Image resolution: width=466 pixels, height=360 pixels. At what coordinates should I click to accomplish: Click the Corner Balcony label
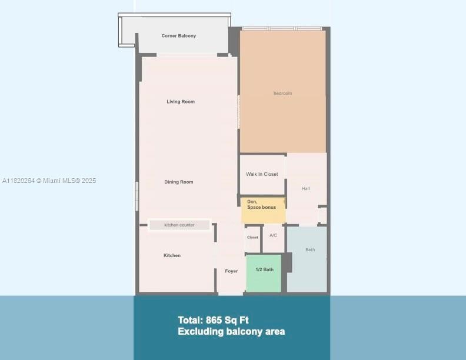179,36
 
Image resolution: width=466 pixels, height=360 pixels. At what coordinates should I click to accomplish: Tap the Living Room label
181,102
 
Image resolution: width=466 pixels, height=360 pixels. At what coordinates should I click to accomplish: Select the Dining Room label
179,182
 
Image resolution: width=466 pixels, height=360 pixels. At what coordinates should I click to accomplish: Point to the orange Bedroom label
282,94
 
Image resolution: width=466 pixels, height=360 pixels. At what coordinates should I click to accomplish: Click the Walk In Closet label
262,174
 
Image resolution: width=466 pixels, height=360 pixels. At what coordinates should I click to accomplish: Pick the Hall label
305,189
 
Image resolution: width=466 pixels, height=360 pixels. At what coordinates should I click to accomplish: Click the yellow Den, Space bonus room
263,210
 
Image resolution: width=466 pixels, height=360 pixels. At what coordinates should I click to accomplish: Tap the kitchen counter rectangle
179,225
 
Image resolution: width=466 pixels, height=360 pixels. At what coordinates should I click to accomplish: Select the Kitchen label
172,255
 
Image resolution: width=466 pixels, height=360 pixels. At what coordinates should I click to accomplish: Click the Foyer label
231,271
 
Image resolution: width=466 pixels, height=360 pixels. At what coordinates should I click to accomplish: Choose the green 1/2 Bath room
264,272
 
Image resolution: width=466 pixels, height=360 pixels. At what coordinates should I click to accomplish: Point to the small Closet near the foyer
252,238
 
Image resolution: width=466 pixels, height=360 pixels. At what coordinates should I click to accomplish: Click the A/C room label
273,235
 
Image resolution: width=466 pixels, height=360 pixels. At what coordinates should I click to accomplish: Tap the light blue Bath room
307,259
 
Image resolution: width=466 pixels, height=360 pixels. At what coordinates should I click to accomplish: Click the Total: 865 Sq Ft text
213,320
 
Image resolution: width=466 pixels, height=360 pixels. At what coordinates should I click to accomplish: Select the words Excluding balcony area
231,332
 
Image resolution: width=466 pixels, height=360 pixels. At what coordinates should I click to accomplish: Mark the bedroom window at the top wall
282,28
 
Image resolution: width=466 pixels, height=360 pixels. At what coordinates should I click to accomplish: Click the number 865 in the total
215,320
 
